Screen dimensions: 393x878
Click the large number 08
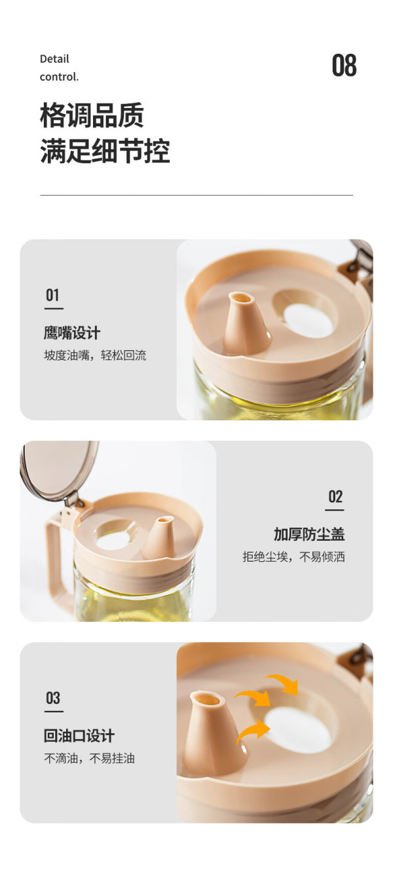344,65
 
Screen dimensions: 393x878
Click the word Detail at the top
54,59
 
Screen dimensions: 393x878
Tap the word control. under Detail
59,77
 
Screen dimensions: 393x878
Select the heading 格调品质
92,115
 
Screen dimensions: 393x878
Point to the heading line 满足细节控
105,151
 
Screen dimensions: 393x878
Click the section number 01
52,295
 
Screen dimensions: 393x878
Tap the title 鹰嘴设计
72,333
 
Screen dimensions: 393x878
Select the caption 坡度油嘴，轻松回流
95,356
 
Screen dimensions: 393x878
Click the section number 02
335,497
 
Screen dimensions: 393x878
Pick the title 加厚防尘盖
309,534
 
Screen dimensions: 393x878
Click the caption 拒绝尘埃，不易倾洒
293,557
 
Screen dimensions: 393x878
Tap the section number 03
53,698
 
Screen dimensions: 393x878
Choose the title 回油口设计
79,736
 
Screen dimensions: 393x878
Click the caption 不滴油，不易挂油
90,758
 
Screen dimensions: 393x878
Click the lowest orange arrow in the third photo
253,731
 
